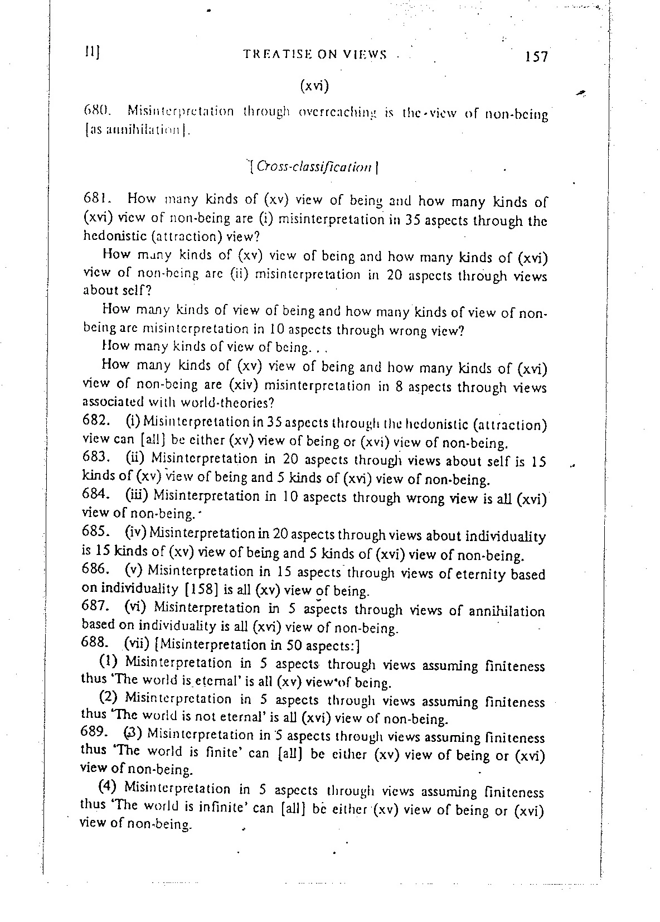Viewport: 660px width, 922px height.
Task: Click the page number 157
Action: (x=536, y=56)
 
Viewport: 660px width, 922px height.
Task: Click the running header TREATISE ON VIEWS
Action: (x=315, y=54)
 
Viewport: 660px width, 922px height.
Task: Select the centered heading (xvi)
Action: (x=314, y=86)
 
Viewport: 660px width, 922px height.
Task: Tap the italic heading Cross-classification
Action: (x=316, y=166)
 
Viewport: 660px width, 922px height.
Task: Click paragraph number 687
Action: (x=95, y=606)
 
